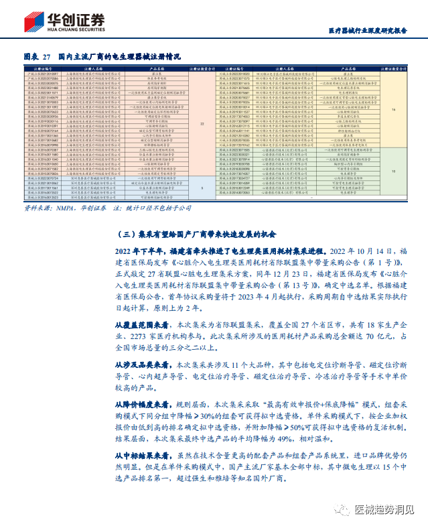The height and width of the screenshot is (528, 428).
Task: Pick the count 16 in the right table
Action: pyautogui.click(x=394, y=109)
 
